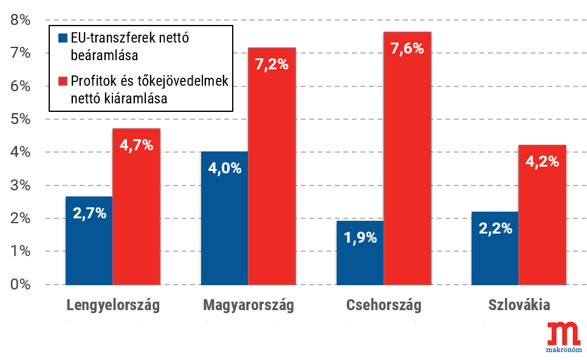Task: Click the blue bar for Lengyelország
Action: click(x=89, y=240)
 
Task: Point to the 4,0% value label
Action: click(x=225, y=168)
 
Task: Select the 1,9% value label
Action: click(x=360, y=238)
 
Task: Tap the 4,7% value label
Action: click(x=136, y=145)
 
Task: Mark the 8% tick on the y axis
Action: click(x=20, y=21)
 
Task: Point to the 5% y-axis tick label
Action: click(x=20, y=119)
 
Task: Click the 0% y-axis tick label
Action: click(x=20, y=284)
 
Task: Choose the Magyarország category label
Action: click(x=249, y=305)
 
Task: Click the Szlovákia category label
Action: click(x=519, y=305)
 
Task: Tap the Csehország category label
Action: click(x=383, y=305)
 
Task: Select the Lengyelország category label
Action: click(x=113, y=305)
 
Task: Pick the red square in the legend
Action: click(x=62, y=81)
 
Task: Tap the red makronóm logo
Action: click(x=563, y=336)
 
